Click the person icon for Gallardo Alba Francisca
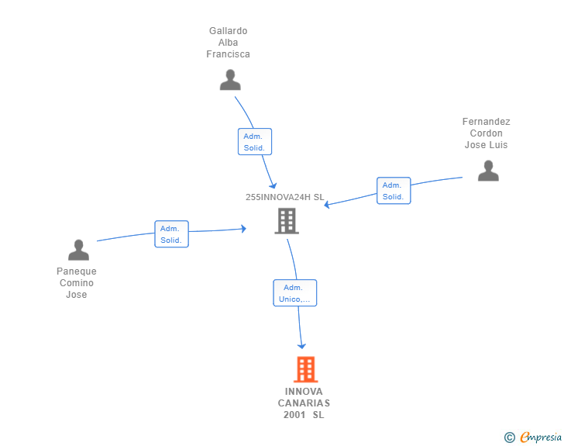pos(230,80)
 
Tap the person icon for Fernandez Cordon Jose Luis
pos(488,171)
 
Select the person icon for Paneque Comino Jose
pos(78,250)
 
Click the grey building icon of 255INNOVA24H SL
pos(287,221)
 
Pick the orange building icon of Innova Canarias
pos(306,369)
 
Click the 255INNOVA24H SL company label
pos(284,197)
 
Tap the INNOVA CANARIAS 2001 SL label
pos(304,403)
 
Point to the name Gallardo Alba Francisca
pos(228,43)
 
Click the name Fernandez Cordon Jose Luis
pos(486,133)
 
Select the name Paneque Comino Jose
pos(77,283)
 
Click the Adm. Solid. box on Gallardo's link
pos(254,142)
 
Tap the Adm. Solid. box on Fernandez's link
pos(393,191)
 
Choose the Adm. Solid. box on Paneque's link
pos(171,234)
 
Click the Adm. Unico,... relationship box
pos(294,293)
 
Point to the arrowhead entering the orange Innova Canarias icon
pos(302,345)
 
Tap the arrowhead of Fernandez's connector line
pos(328,206)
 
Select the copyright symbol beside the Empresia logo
pos(509,438)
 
